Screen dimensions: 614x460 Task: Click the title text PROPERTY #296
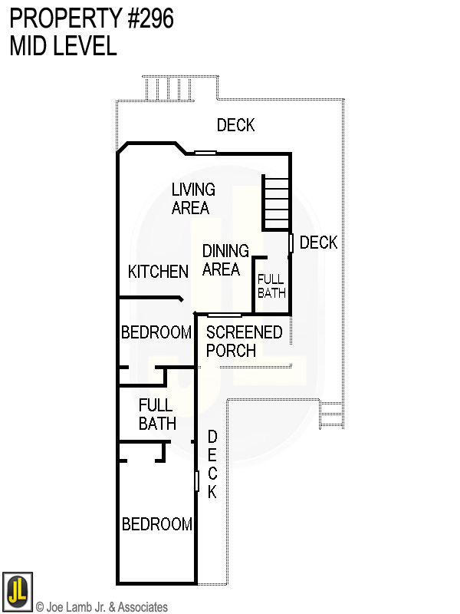coord(91,18)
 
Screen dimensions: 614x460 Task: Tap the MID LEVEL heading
coord(63,46)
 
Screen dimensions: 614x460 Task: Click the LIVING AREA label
coord(192,198)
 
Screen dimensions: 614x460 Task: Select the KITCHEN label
coord(158,272)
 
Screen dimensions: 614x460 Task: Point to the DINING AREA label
coord(225,260)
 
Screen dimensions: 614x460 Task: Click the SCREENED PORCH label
coord(244,342)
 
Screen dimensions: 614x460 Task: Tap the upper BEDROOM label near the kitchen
coord(156,332)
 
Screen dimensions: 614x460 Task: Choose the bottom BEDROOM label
coord(157,524)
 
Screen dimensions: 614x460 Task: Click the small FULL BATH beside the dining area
coord(271,286)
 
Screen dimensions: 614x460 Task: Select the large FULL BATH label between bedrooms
coord(157,414)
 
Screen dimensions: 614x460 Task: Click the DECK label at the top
coord(235,125)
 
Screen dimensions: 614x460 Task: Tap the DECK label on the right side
coord(318,243)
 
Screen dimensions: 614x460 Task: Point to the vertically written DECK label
coord(212,464)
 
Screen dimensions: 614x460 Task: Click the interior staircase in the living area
coord(276,203)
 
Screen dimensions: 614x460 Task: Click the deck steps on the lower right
coord(330,414)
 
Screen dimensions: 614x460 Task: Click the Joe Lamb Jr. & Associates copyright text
coord(102,607)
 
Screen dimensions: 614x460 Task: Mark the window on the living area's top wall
coord(205,153)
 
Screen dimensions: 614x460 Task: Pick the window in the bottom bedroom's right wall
coord(196,481)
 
